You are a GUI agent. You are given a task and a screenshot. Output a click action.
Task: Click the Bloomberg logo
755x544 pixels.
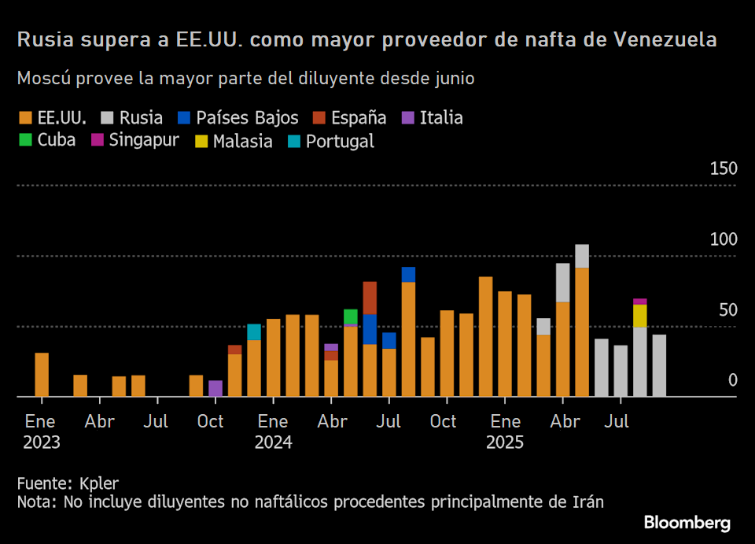(x=687, y=523)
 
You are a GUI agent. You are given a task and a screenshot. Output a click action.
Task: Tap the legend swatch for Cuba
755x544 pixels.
(x=24, y=141)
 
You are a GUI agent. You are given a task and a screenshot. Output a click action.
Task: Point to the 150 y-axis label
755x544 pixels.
(x=724, y=169)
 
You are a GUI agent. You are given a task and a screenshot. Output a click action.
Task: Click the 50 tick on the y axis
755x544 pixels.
(x=728, y=310)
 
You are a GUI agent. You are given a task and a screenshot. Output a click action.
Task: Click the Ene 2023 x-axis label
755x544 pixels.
(x=41, y=431)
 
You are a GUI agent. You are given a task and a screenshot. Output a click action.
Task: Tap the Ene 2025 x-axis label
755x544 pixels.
(x=504, y=431)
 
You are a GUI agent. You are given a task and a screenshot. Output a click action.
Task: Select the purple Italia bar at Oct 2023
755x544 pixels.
(x=215, y=388)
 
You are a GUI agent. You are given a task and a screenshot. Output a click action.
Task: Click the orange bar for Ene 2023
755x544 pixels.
(x=42, y=375)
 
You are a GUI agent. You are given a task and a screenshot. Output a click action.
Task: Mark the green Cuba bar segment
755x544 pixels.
(x=351, y=316)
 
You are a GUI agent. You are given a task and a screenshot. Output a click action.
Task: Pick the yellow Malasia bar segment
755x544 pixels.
(x=640, y=316)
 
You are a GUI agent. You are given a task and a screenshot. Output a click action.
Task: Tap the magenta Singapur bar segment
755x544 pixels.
(x=640, y=302)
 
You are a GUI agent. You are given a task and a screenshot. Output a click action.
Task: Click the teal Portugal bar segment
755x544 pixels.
(x=254, y=331)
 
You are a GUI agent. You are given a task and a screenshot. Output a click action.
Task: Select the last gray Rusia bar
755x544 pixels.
(x=659, y=365)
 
